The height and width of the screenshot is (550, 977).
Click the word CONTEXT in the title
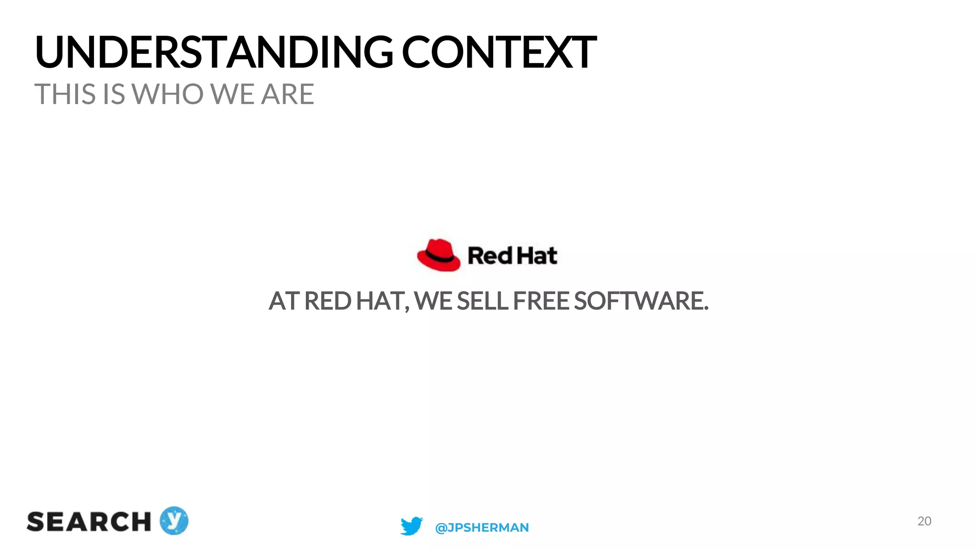point(499,53)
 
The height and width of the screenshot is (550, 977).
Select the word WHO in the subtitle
point(168,94)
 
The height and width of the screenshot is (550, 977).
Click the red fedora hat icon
point(438,255)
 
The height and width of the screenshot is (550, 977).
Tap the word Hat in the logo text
point(537,256)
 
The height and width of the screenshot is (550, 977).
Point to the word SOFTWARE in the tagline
point(641,301)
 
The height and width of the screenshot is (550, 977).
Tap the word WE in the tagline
point(433,301)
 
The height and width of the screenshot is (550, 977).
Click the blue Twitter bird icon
point(411,526)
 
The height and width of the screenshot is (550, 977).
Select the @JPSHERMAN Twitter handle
point(482,528)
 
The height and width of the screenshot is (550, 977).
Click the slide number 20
point(924,521)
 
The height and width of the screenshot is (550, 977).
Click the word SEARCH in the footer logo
point(89,522)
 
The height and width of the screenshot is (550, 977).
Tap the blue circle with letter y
point(174,520)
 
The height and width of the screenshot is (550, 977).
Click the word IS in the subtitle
point(114,94)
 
